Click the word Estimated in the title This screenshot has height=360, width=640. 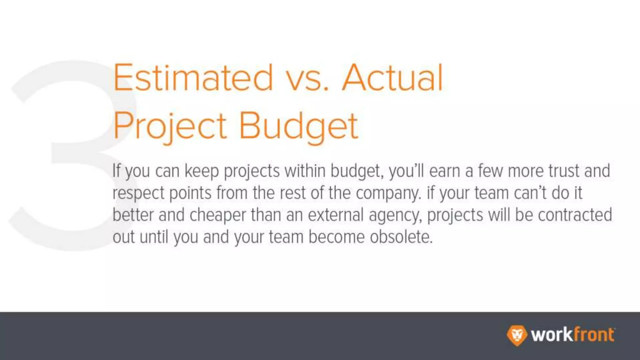coord(193,77)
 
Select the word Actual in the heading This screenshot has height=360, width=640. coord(392,77)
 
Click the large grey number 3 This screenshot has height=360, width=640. coord(62,156)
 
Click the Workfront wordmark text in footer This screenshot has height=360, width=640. coord(573,335)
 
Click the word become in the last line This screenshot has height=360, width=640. coord(337,237)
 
